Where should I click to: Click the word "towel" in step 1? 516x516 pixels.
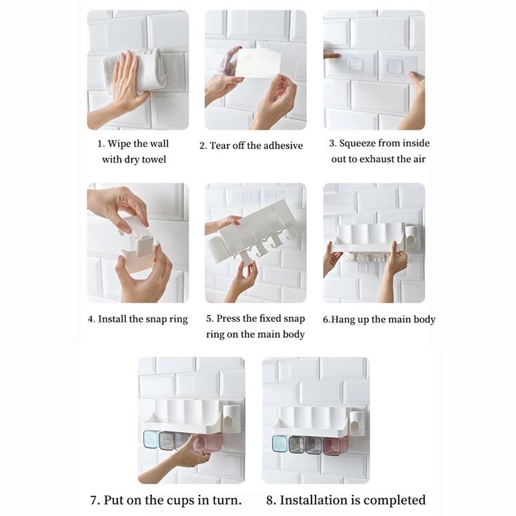click(x=154, y=159)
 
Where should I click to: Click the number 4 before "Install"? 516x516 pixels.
click(x=90, y=319)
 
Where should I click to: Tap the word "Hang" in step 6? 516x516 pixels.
click(x=341, y=320)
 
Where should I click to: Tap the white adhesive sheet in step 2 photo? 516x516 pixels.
click(x=257, y=64)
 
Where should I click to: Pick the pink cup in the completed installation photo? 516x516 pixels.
click(x=332, y=446)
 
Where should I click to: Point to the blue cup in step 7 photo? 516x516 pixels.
click(x=151, y=439)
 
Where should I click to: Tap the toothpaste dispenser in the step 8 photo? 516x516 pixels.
click(x=356, y=423)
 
